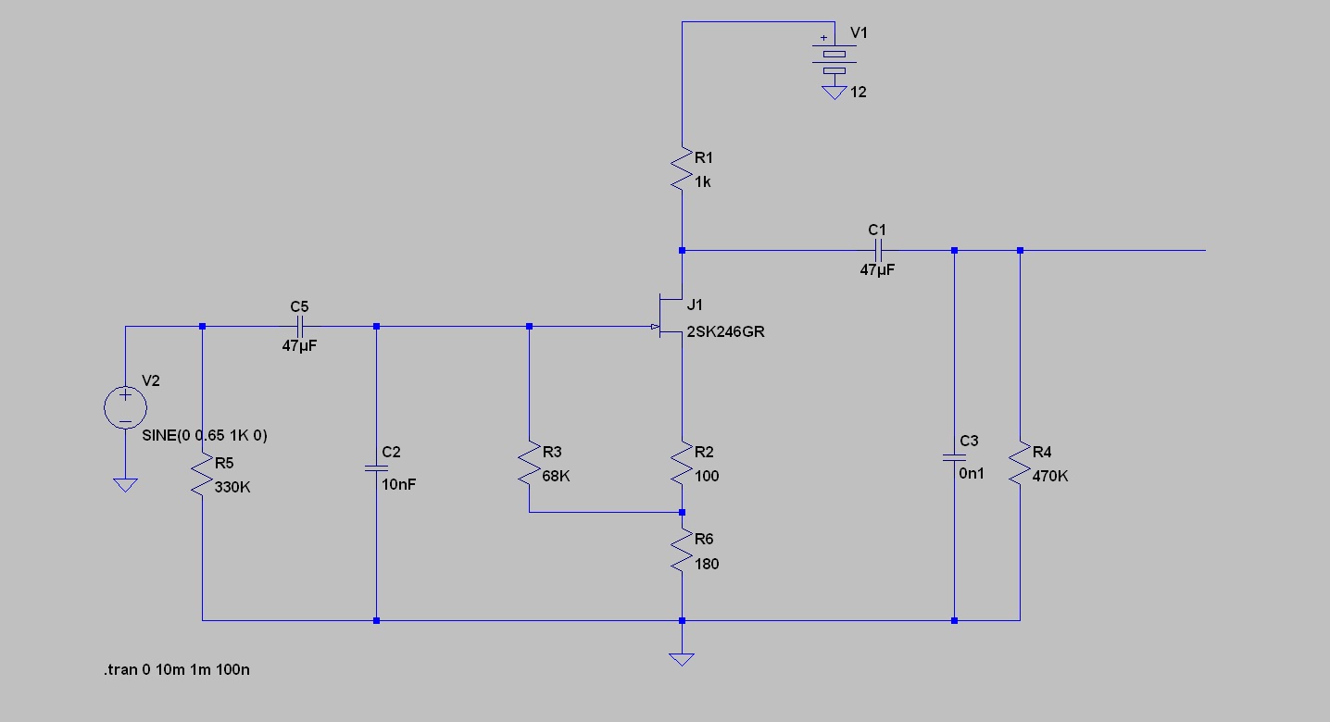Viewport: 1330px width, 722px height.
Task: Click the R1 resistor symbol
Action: coord(682,170)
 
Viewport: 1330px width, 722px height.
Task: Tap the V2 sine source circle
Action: coord(124,407)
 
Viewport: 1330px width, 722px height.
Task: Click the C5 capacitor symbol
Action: coord(299,326)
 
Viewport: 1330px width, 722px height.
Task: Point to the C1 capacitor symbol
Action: coord(877,250)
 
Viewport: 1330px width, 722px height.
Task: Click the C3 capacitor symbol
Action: coord(954,457)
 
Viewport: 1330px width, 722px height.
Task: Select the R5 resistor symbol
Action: coord(202,474)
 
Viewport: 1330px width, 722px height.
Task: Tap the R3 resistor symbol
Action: coord(529,464)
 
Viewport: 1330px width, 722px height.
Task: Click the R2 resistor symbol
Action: coord(682,464)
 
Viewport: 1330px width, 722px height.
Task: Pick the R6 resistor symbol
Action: coord(682,551)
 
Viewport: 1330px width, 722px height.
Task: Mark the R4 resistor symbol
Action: coord(1020,464)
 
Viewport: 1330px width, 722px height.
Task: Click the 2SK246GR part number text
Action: coord(725,332)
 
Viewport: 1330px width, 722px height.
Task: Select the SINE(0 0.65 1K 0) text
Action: coord(205,435)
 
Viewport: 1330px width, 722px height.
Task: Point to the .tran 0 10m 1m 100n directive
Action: coord(176,669)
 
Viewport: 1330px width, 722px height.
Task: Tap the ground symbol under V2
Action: coord(124,484)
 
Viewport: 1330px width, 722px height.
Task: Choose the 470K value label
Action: coord(1050,476)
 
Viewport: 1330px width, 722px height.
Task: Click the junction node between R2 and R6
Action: coord(682,512)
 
